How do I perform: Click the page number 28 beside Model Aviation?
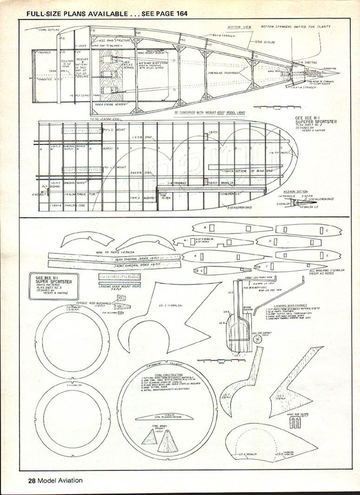tap(32, 481)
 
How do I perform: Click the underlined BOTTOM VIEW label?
tap(239, 27)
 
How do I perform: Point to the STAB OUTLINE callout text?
tap(265, 42)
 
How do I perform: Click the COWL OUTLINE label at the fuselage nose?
tap(49, 30)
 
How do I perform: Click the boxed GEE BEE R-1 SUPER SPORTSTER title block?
tap(54, 286)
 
